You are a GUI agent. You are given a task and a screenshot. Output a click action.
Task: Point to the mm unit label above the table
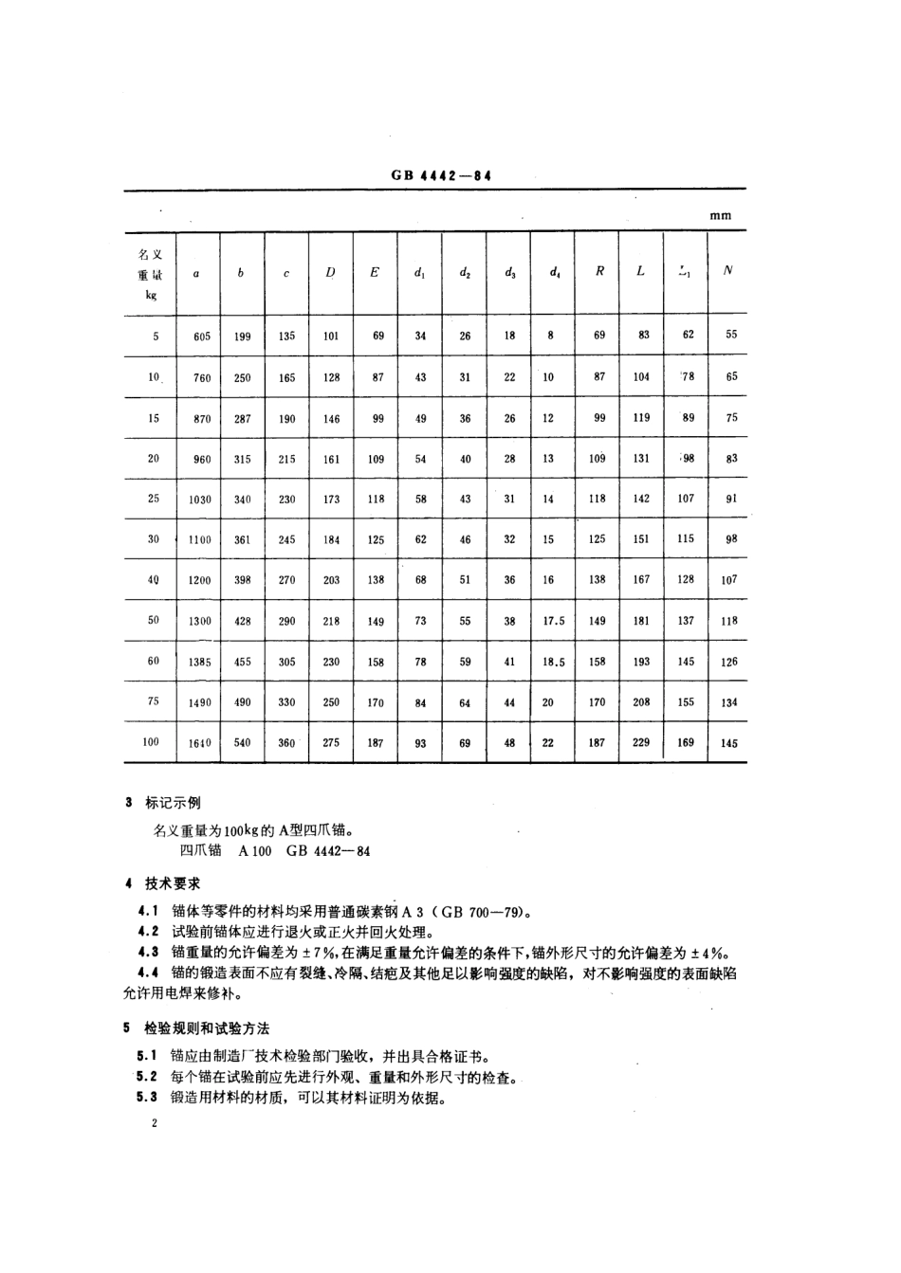(x=721, y=215)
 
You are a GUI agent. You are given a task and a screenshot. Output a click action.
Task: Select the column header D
(x=331, y=272)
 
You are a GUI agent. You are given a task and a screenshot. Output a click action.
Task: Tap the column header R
(x=599, y=271)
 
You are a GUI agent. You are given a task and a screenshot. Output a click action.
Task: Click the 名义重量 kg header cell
(x=152, y=274)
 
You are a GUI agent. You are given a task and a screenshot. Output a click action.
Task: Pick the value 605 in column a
(x=201, y=336)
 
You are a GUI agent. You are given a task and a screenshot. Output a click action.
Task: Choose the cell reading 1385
(x=200, y=662)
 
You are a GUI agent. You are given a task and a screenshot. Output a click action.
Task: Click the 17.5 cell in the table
(x=554, y=621)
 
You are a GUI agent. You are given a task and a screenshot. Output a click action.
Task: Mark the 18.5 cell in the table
(x=554, y=663)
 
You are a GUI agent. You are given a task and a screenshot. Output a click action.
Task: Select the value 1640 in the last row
(x=200, y=743)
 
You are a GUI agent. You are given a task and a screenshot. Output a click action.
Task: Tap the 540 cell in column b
(x=243, y=743)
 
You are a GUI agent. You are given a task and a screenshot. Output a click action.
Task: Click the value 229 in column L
(x=642, y=743)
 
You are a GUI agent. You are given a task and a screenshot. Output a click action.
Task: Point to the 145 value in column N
(x=728, y=743)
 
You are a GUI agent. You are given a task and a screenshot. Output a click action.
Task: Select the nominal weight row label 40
(x=153, y=579)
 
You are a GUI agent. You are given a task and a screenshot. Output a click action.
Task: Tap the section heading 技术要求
(x=173, y=883)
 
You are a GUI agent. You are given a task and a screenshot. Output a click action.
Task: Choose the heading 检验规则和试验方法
(x=207, y=1027)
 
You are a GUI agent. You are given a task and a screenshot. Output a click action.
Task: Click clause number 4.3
(x=148, y=953)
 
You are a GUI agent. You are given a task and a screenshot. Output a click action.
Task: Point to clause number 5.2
(x=148, y=1078)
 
